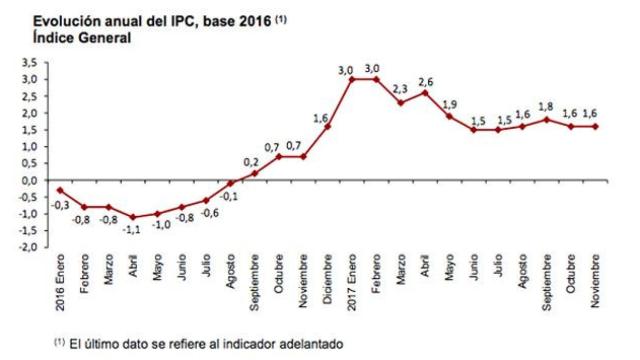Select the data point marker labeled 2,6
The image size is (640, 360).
(424, 92)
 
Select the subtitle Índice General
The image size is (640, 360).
(75, 37)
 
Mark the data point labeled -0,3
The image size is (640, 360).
(62, 190)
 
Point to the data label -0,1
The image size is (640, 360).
(230, 196)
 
